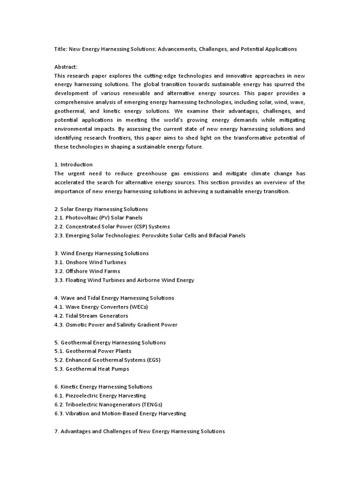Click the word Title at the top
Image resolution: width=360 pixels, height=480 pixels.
[x=60, y=49]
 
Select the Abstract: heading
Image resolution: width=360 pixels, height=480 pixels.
[x=66, y=67]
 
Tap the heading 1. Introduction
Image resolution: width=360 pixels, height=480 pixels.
[x=74, y=165]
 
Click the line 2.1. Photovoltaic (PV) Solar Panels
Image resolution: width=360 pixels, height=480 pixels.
[x=98, y=217]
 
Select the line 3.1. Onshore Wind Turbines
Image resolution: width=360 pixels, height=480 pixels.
[x=90, y=262]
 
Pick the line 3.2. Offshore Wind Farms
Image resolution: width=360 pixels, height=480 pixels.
[x=87, y=271]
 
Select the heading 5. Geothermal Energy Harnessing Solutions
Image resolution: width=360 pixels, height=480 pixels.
[x=110, y=342]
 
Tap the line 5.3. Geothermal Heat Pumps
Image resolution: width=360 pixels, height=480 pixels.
[x=92, y=369]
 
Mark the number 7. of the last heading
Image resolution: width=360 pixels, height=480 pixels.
[x=56, y=431]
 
